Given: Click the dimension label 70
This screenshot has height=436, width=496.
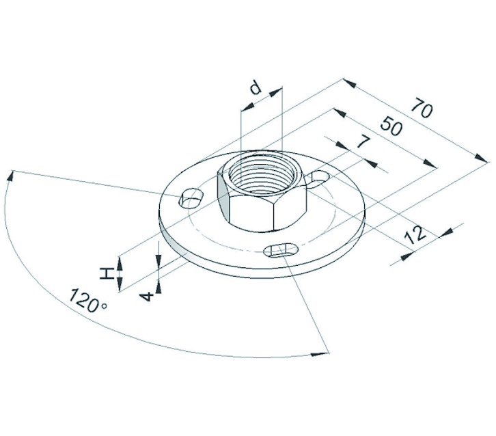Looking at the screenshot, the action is (x=422, y=108).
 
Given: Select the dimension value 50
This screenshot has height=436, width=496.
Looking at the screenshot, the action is (x=391, y=126).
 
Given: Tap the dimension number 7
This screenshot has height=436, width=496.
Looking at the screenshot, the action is (x=363, y=141).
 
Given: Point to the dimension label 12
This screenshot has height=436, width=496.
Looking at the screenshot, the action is (x=417, y=235).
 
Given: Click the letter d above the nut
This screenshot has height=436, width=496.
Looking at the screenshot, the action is (x=256, y=88).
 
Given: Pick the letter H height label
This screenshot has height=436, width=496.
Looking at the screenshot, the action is (x=107, y=273).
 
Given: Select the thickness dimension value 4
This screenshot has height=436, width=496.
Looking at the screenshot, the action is (x=146, y=297).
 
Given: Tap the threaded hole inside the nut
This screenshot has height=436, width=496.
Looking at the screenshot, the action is (x=262, y=176).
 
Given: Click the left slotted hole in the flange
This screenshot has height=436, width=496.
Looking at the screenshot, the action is (x=191, y=198).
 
